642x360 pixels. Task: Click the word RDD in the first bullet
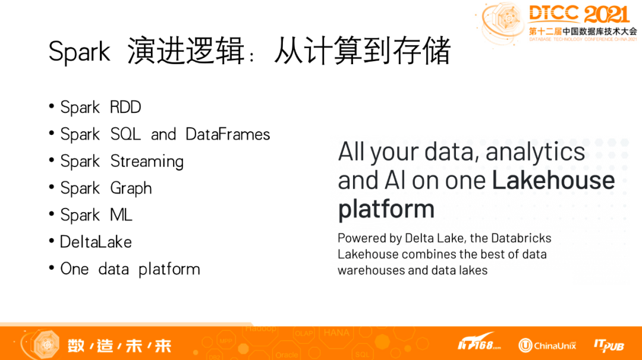point(125,107)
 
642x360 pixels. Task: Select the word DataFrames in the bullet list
point(228,134)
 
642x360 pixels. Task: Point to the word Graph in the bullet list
point(131,188)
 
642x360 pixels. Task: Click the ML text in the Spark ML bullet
point(121,215)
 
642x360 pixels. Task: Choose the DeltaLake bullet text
point(96,242)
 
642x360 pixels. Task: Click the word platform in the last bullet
point(169,270)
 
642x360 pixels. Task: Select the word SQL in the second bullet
point(125,134)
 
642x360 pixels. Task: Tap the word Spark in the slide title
point(79,52)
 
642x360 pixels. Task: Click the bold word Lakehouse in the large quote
point(553,180)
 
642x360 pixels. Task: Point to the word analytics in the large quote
point(535,152)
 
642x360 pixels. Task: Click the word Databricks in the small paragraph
point(521,238)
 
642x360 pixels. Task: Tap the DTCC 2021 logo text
point(579,14)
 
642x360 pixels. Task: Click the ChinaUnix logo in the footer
point(547,345)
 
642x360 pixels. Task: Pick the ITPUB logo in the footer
point(609,346)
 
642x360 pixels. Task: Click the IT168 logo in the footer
point(479,343)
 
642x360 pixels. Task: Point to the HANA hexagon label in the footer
point(336,333)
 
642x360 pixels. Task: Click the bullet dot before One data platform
point(52,268)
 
